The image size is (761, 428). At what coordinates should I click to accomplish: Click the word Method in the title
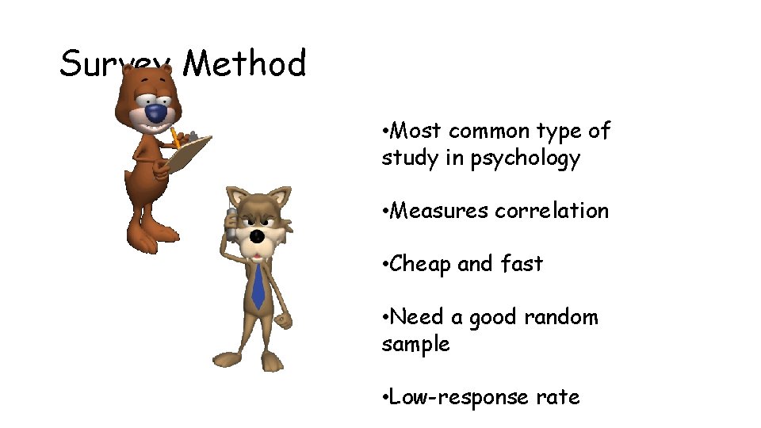coord(244,63)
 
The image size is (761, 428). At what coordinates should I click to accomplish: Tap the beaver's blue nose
coord(157,114)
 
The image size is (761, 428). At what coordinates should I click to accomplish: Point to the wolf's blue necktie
coord(258,286)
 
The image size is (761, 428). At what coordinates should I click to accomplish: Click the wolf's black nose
coord(257,236)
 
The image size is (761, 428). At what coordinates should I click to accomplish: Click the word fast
coord(522,263)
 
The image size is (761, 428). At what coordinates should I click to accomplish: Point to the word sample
coord(415,344)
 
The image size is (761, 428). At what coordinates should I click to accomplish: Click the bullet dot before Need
coord(384,317)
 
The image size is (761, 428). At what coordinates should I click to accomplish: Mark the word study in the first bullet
coord(410,158)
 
